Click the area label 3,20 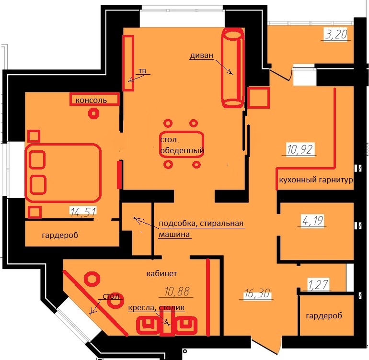point(336,34)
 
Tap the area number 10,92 point(300,149)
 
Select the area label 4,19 point(313,221)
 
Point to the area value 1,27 point(318,284)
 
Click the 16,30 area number point(257,293)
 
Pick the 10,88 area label point(177,292)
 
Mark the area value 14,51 point(83,213)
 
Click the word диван point(201,56)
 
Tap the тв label point(142,71)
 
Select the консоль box point(94,99)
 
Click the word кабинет point(161,273)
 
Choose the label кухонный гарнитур point(316,180)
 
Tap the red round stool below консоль point(93,113)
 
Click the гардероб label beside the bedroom point(60,235)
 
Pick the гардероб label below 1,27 point(324,315)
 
